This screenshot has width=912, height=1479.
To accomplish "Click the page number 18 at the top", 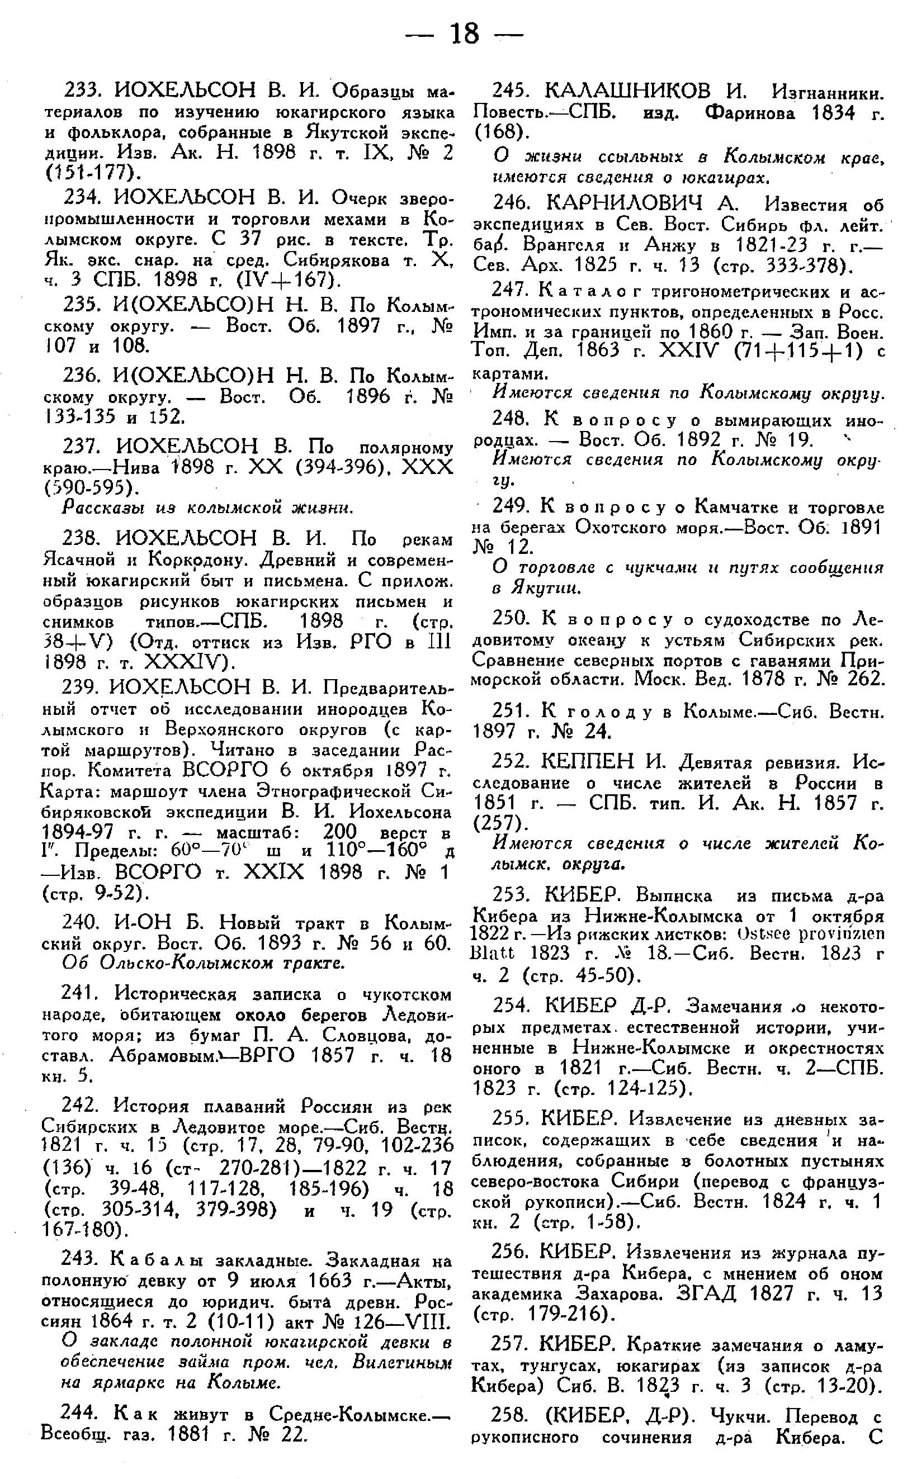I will pyautogui.click(x=464, y=34).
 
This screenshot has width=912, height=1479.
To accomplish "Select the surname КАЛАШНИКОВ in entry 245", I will pyautogui.click(x=627, y=91).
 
